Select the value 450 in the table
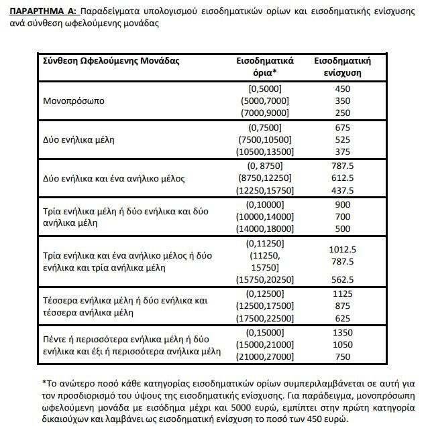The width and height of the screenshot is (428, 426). point(342,88)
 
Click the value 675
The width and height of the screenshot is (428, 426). point(342,128)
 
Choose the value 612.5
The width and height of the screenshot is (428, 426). point(342,180)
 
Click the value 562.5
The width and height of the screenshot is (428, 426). point(342,279)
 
